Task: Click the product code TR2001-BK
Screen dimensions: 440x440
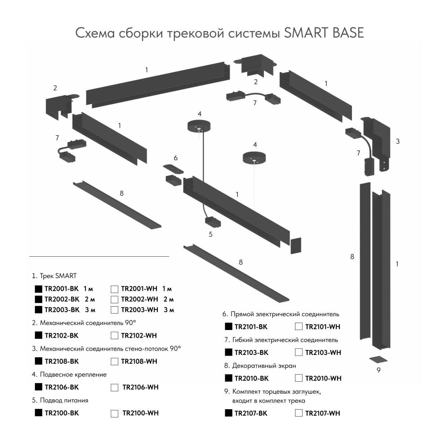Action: [x=62, y=289]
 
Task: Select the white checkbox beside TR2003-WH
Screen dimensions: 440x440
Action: [x=114, y=310]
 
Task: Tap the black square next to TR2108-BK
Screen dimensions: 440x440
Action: [x=38, y=361]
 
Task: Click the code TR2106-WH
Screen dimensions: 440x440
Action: [x=140, y=387]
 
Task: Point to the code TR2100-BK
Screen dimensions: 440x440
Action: [x=62, y=413]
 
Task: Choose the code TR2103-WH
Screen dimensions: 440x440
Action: [x=323, y=352]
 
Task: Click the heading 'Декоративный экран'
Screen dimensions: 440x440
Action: [x=264, y=366]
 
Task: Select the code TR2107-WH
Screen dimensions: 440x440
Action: [x=323, y=413]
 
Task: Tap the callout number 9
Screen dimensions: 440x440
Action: [x=378, y=370]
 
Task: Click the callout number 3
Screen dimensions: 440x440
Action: [x=398, y=141]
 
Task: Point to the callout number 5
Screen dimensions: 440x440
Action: [x=210, y=234]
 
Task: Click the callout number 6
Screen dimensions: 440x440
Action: [x=176, y=158]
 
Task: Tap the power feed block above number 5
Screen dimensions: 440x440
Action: [x=213, y=222]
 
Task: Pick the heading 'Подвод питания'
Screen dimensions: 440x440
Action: [x=64, y=400]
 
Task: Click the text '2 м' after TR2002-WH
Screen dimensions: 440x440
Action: [x=168, y=299]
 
